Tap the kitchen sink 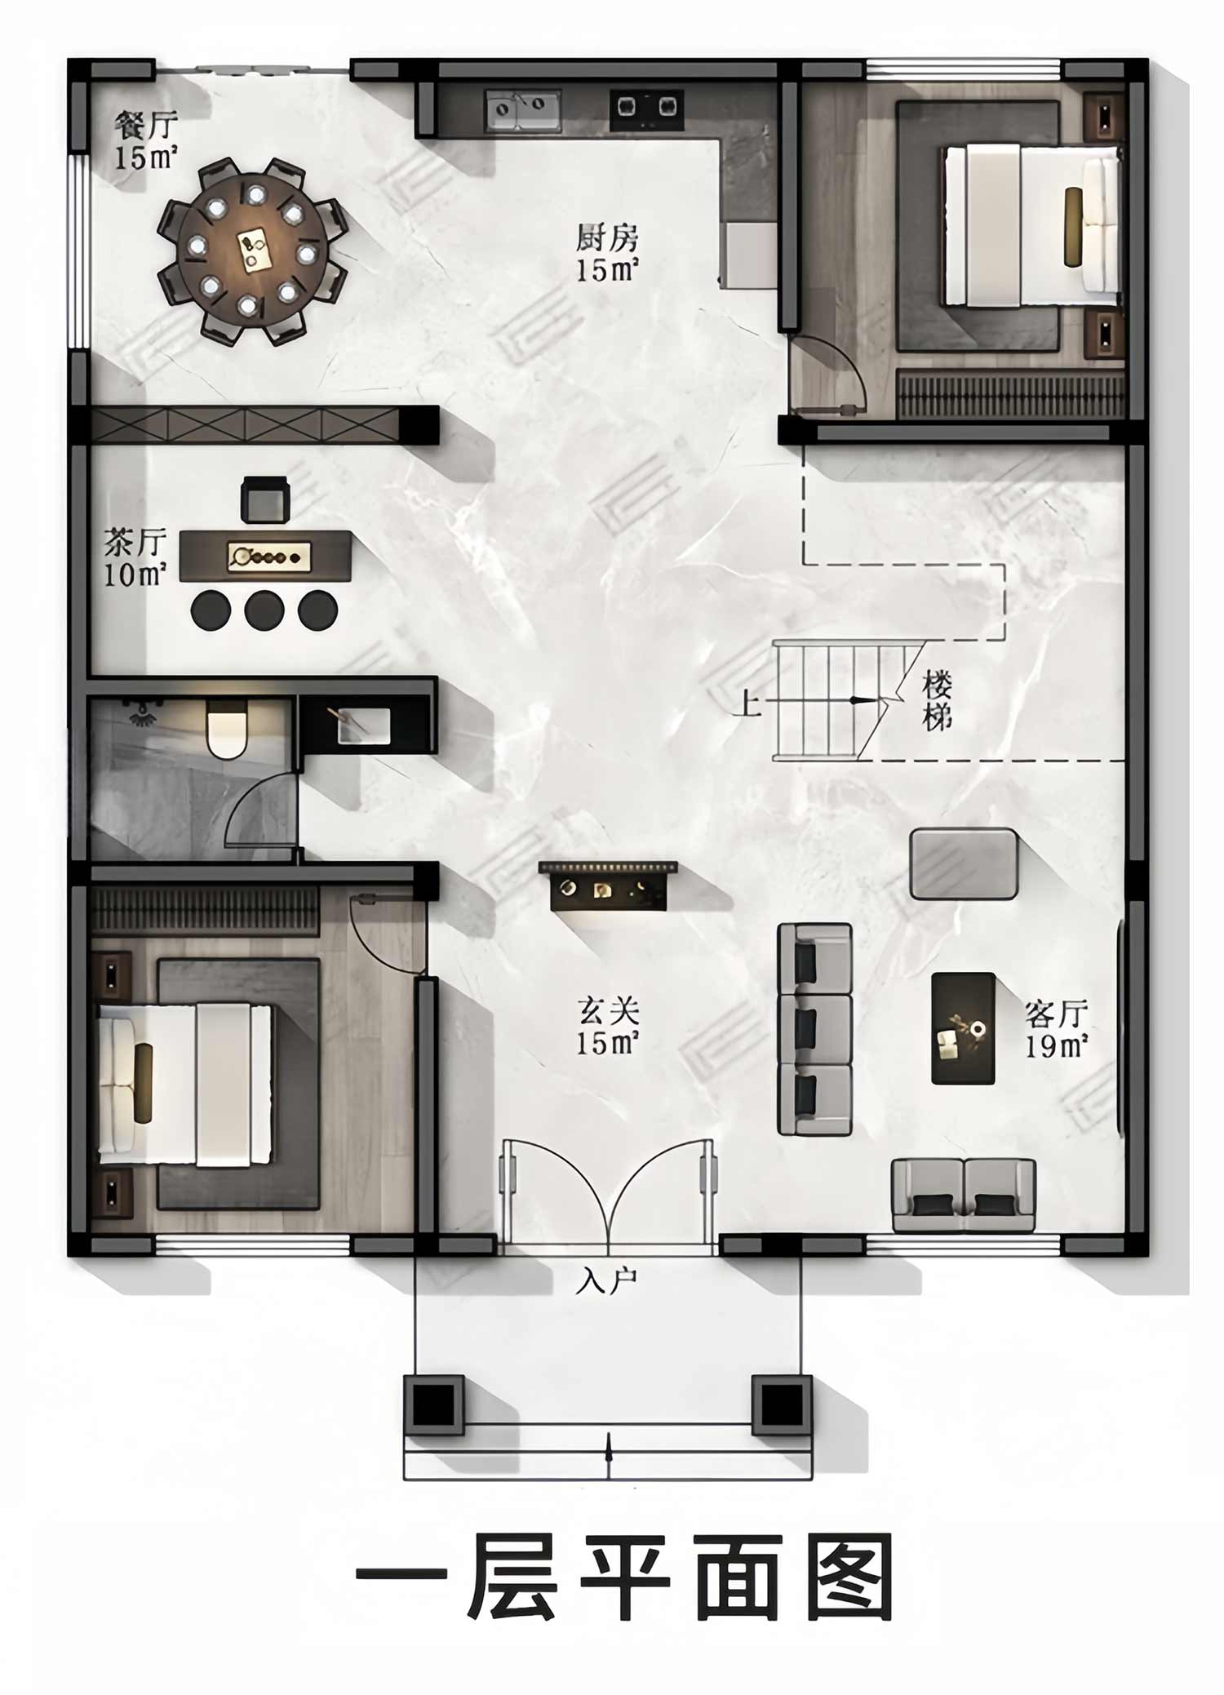pos(523,111)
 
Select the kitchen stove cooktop pos(646,109)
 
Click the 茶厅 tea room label pos(135,542)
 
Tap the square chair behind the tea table pos(266,499)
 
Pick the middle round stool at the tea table pos(264,609)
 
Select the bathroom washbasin pos(364,725)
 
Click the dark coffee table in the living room pos(963,1028)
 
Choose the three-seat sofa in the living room pos(814,1029)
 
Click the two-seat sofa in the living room pos(964,1195)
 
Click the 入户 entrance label pos(606,1282)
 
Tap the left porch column pos(434,1404)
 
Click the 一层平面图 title pos(624,1577)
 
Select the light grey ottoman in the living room pos(964,863)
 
